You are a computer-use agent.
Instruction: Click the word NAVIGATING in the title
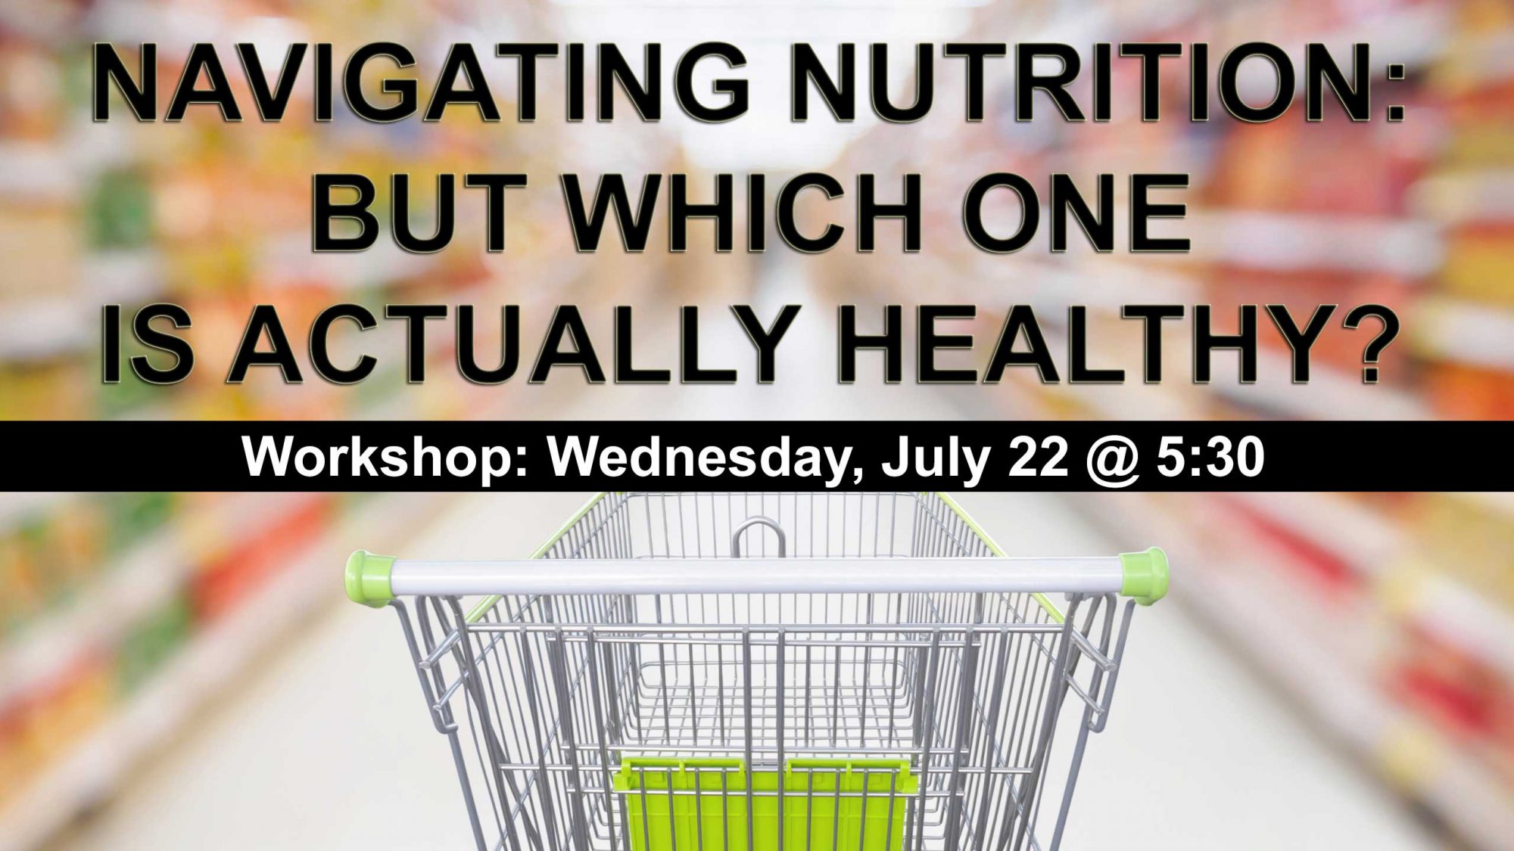click(x=419, y=83)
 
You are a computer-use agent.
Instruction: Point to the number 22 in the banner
click(x=1036, y=457)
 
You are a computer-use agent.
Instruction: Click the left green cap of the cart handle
click(x=369, y=576)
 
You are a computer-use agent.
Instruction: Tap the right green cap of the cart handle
click(x=1143, y=576)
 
